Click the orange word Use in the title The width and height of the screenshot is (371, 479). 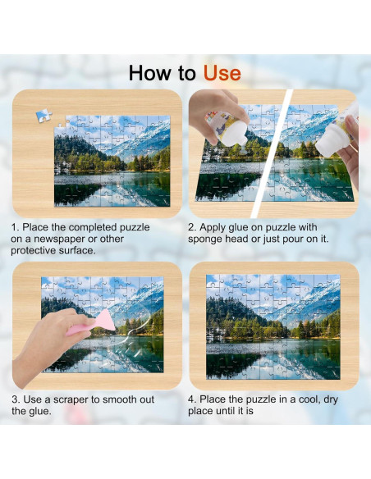(222, 73)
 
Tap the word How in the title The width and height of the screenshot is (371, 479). (149, 73)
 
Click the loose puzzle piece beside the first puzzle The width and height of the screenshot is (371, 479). (44, 116)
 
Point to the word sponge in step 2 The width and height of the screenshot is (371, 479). (205, 239)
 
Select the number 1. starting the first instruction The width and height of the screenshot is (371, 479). (15, 227)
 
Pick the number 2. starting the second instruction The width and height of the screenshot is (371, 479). (192, 227)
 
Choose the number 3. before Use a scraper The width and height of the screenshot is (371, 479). (16, 399)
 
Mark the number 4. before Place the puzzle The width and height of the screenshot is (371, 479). (192, 399)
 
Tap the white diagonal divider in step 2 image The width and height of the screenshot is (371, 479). (271, 153)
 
